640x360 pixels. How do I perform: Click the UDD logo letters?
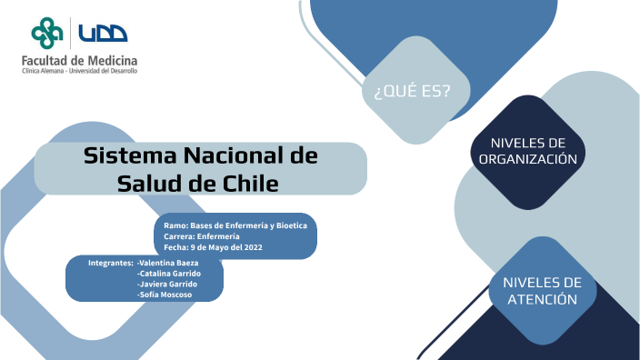tap(102, 34)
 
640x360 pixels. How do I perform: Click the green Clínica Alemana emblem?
tap(47, 34)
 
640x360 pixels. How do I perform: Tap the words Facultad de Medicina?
tap(80, 60)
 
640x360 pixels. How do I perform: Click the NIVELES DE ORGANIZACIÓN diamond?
tap(527, 150)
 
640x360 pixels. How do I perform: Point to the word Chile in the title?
tap(250, 183)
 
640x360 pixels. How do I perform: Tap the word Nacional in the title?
tap(239, 155)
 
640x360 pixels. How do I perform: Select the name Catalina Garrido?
tap(169, 274)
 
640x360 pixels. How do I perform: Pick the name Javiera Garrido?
tap(167, 285)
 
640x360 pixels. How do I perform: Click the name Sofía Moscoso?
tap(165, 295)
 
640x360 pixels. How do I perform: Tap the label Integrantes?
tap(110, 263)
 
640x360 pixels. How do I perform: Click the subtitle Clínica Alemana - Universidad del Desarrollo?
tap(80, 71)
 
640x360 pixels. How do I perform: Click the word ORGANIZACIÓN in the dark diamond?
tap(527, 158)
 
